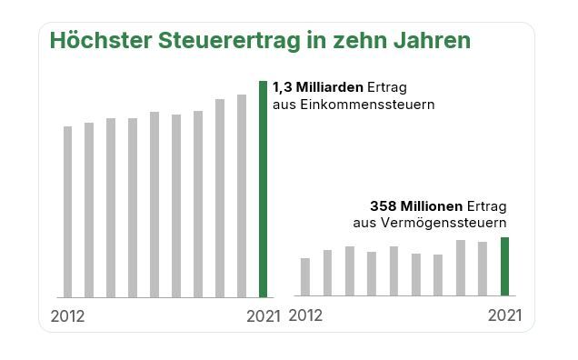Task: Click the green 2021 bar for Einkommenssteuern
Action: [264, 189]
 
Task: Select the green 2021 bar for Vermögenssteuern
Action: [504, 266]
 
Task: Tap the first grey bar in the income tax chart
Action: [67, 212]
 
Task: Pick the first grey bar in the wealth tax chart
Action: [305, 277]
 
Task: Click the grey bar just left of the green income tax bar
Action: [242, 195]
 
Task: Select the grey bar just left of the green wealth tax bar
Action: [483, 268]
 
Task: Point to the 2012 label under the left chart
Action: [67, 316]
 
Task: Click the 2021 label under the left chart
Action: [264, 316]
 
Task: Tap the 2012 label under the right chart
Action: [305, 316]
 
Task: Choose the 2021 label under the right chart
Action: [504, 316]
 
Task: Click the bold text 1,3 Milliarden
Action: [317, 88]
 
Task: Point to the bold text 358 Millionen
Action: [417, 205]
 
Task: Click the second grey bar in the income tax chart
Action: [89, 210]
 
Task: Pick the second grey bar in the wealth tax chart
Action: [327, 273]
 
